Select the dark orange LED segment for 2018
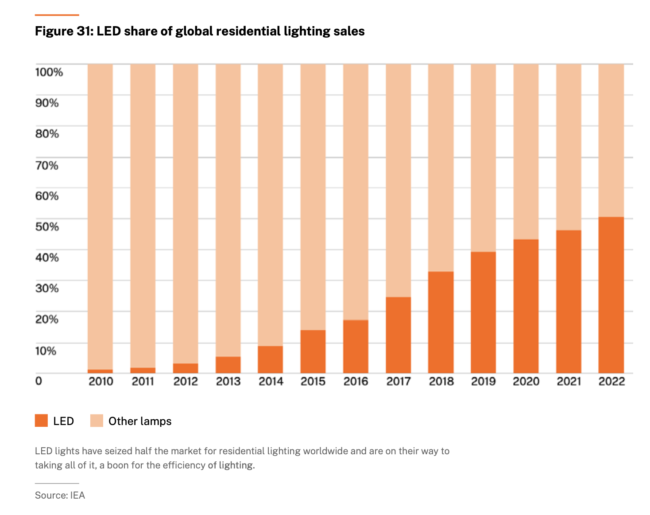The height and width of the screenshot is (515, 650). [x=441, y=322]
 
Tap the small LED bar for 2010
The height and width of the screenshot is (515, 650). [x=100, y=371]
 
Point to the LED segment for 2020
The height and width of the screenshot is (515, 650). [x=526, y=306]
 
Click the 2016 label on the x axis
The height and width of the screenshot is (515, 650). [x=356, y=382]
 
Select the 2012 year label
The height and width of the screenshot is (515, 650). [x=186, y=382]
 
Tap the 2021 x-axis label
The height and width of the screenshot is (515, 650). [x=569, y=382]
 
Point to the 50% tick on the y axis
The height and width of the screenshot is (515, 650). [x=47, y=227]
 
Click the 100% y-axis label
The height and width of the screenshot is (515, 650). [x=49, y=72]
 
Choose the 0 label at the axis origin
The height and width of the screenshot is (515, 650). [x=39, y=381]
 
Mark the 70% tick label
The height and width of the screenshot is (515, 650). [x=47, y=166]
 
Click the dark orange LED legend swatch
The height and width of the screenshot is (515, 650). [x=41, y=421]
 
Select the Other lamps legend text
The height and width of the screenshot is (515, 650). [x=140, y=421]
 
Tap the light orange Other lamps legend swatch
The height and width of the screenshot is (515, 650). [x=97, y=421]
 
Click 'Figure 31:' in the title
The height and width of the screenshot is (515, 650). [x=64, y=31]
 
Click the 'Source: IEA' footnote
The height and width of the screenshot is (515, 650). [x=60, y=495]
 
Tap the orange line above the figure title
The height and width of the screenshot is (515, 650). [x=57, y=15]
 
